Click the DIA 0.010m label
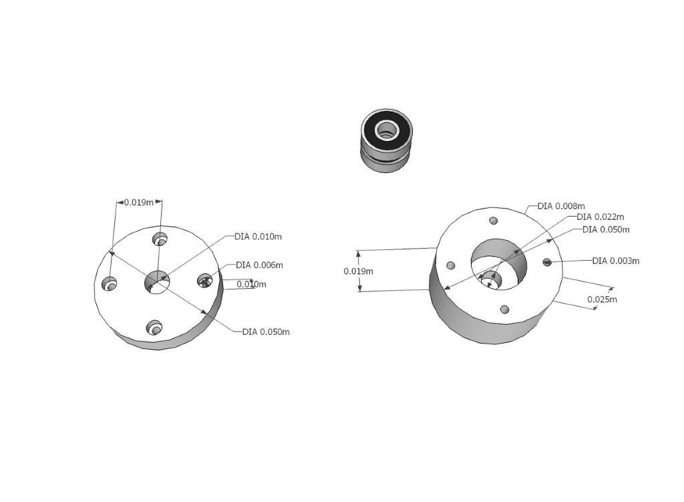(259, 237)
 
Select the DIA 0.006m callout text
(260, 265)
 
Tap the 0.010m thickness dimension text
(251, 284)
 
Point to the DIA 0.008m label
(561, 206)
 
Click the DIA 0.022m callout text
(601, 217)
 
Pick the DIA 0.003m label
(616, 261)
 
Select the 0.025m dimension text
(602, 299)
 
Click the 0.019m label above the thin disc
(139, 202)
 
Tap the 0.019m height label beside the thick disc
(359, 271)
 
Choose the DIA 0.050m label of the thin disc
(266, 332)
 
